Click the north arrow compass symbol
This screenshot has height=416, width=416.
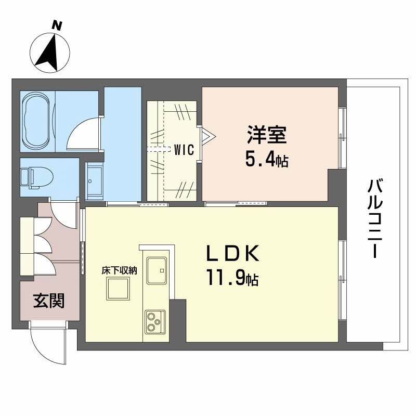click(51, 52)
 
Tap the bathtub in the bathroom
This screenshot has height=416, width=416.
click(37, 120)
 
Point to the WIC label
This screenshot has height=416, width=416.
click(184, 151)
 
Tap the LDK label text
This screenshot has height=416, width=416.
click(232, 254)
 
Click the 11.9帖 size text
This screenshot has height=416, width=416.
click(232, 280)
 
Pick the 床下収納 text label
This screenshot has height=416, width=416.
click(119, 270)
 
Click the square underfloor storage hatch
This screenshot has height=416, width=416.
click(118, 288)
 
